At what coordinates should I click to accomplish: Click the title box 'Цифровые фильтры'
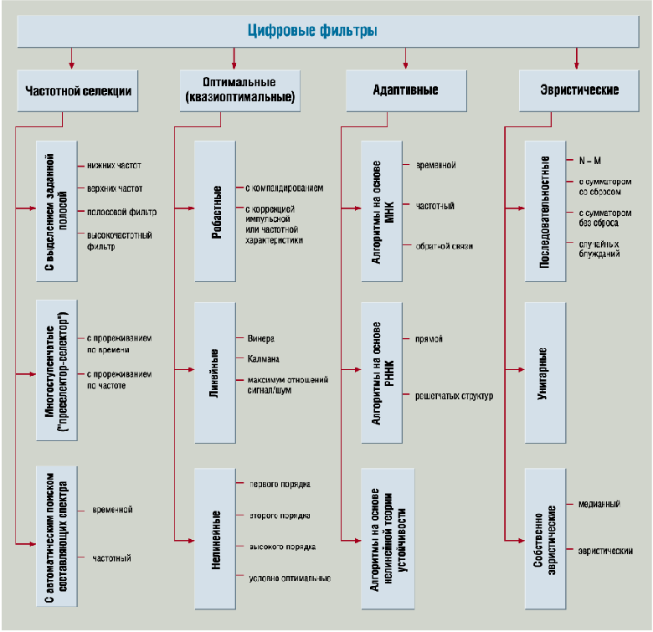(325, 31)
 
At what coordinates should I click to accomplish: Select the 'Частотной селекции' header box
(72, 90)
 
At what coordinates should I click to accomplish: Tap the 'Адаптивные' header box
(406, 90)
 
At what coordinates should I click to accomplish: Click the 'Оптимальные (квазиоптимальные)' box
(239, 90)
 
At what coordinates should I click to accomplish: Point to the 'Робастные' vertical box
(220, 211)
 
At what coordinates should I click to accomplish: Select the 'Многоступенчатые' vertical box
(56, 369)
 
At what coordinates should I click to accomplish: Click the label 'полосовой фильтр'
(121, 211)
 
